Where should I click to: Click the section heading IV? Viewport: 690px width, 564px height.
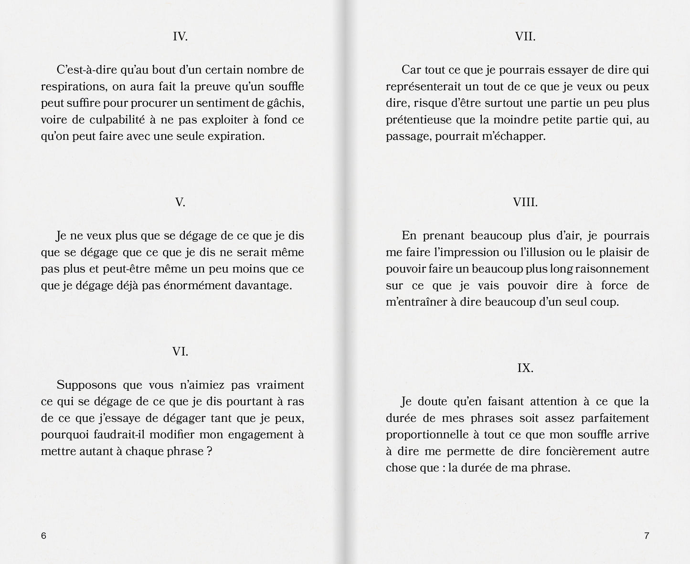(x=180, y=37)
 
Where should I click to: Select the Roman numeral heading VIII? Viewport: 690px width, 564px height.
(x=525, y=202)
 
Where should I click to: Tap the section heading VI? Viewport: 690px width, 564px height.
(x=180, y=352)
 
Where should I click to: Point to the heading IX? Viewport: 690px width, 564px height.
(x=525, y=368)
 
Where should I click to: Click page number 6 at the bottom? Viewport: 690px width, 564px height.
(x=43, y=535)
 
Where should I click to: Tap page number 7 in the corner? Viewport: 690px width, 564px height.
(x=647, y=535)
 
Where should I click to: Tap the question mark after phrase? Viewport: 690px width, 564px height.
(x=210, y=451)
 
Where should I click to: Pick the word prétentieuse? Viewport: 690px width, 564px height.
(x=420, y=120)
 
